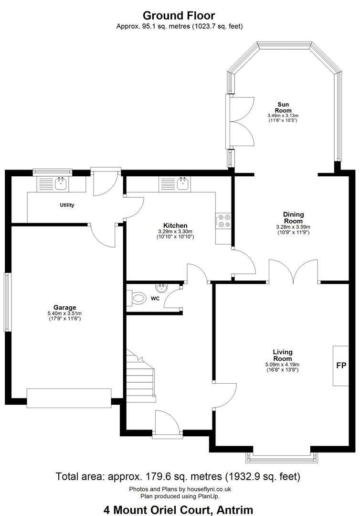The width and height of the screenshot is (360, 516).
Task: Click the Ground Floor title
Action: coord(179,15)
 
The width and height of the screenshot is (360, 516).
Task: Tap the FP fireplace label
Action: coord(341,365)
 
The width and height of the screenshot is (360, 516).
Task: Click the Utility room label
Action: coord(67,205)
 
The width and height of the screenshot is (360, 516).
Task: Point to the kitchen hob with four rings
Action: coord(223,221)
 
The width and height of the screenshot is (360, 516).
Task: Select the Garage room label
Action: coord(64,308)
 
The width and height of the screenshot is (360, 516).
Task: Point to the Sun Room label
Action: coord(283,107)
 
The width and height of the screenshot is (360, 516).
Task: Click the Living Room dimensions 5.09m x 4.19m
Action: coord(282,365)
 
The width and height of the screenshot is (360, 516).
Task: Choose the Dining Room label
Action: coord(293,217)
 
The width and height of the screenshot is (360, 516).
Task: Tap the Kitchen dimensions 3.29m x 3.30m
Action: coord(175,231)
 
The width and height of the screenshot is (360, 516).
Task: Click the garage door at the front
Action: coord(69,398)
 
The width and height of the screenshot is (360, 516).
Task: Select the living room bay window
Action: coord(282,457)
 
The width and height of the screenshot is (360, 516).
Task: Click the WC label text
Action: coord(155,299)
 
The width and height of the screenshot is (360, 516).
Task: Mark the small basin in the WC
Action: coord(161,289)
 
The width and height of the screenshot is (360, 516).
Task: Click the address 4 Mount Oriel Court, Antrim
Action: coord(179,510)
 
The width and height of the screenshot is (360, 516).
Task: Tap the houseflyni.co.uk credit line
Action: coord(180,489)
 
